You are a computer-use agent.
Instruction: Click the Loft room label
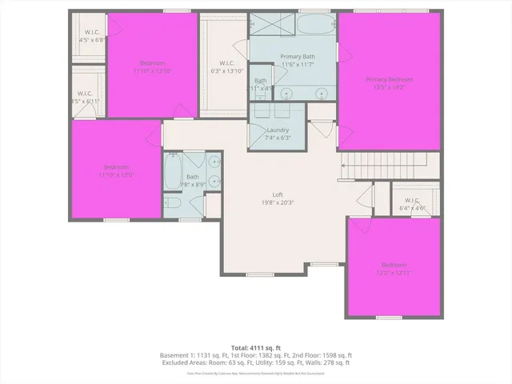pos(278,194)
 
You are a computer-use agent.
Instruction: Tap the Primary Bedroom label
pos(390,79)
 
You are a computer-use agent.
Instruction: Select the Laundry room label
pos(278,130)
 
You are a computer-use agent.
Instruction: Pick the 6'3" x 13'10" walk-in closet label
pos(226,70)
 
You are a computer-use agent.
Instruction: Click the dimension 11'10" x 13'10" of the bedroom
pos(152,71)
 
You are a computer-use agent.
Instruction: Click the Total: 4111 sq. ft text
pos(255,347)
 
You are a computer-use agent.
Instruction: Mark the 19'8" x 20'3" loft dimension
pos(278,202)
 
